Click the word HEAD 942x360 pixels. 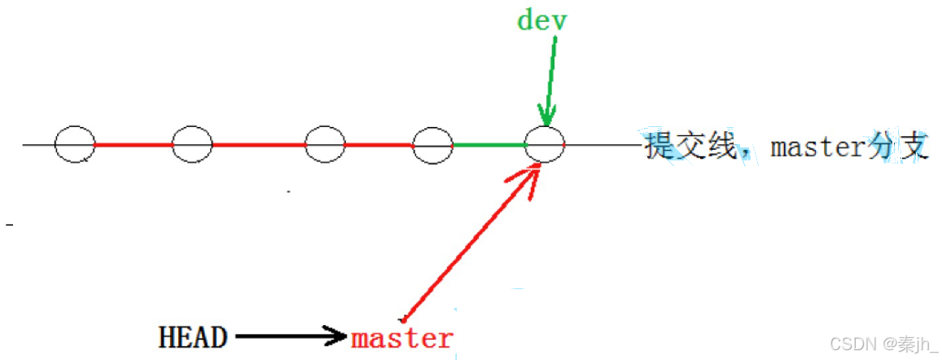tap(193, 336)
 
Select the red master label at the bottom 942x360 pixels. tap(401, 337)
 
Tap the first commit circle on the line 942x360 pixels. tap(74, 145)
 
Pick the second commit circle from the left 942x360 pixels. tap(192, 145)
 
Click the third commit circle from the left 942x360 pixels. tap(324, 145)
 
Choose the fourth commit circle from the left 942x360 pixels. tap(432, 146)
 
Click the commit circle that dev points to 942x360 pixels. tap(545, 145)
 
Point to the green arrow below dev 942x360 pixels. tap(550, 81)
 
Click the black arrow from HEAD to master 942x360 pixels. tap(289, 335)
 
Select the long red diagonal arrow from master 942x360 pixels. tap(468, 240)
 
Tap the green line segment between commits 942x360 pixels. tap(489, 146)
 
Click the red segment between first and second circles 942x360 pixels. tap(134, 146)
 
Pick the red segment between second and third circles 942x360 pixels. tap(258, 146)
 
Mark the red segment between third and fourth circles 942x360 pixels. tap(379, 146)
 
